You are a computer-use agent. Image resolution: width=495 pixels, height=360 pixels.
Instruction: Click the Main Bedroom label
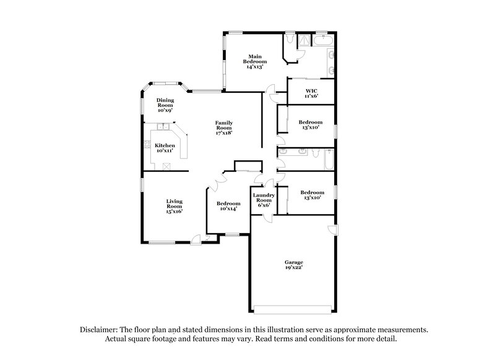click(x=254, y=59)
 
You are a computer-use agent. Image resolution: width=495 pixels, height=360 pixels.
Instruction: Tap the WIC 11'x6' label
click(x=311, y=93)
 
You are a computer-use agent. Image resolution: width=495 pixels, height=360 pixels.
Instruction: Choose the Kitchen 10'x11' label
click(x=165, y=147)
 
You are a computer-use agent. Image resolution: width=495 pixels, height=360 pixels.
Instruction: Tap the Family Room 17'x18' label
click(x=223, y=127)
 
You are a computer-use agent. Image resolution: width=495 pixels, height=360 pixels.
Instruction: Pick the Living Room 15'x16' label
click(x=174, y=205)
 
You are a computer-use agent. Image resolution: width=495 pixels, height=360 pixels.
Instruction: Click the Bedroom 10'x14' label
click(x=228, y=207)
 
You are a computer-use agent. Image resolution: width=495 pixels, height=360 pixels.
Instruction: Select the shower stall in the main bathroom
click(x=304, y=41)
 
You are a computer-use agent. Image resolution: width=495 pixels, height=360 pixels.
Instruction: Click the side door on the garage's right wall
click(x=332, y=231)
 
